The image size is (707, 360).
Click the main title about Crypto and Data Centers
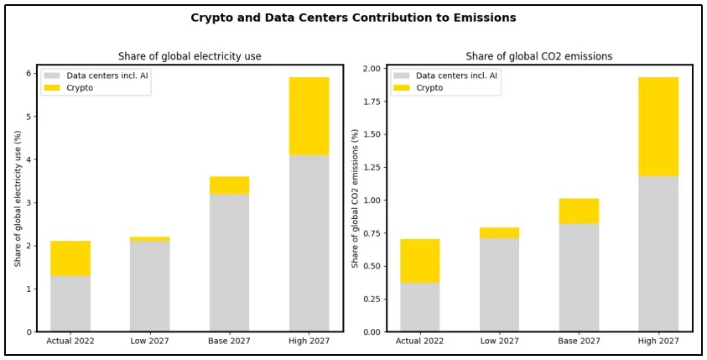[x=353, y=18]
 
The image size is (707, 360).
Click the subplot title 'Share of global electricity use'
[x=190, y=56]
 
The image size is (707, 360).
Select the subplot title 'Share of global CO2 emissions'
[x=539, y=56]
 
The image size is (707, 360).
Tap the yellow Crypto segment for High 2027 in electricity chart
[x=309, y=116]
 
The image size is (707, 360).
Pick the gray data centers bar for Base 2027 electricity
[x=229, y=263]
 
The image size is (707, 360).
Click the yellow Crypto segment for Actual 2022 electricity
[x=70, y=258]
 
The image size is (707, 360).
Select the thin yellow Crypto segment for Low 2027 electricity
[x=149, y=239]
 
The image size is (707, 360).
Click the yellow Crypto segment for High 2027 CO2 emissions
[x=658, y=126]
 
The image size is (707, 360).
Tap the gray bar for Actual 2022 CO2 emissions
[x=420, y=307]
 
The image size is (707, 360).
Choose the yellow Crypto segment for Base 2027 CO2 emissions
[x=579, y=211]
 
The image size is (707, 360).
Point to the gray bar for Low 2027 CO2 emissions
[x=499, y=284]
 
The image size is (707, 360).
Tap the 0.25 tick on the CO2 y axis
[x=370, y=299]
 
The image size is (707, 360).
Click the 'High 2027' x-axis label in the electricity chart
[x=309, y=341]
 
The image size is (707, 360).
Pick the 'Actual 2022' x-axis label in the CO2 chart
[x=420, y=341]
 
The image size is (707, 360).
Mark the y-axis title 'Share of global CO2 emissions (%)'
[x=356, y=198]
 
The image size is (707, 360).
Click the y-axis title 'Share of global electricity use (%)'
[x=18, y=198]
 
